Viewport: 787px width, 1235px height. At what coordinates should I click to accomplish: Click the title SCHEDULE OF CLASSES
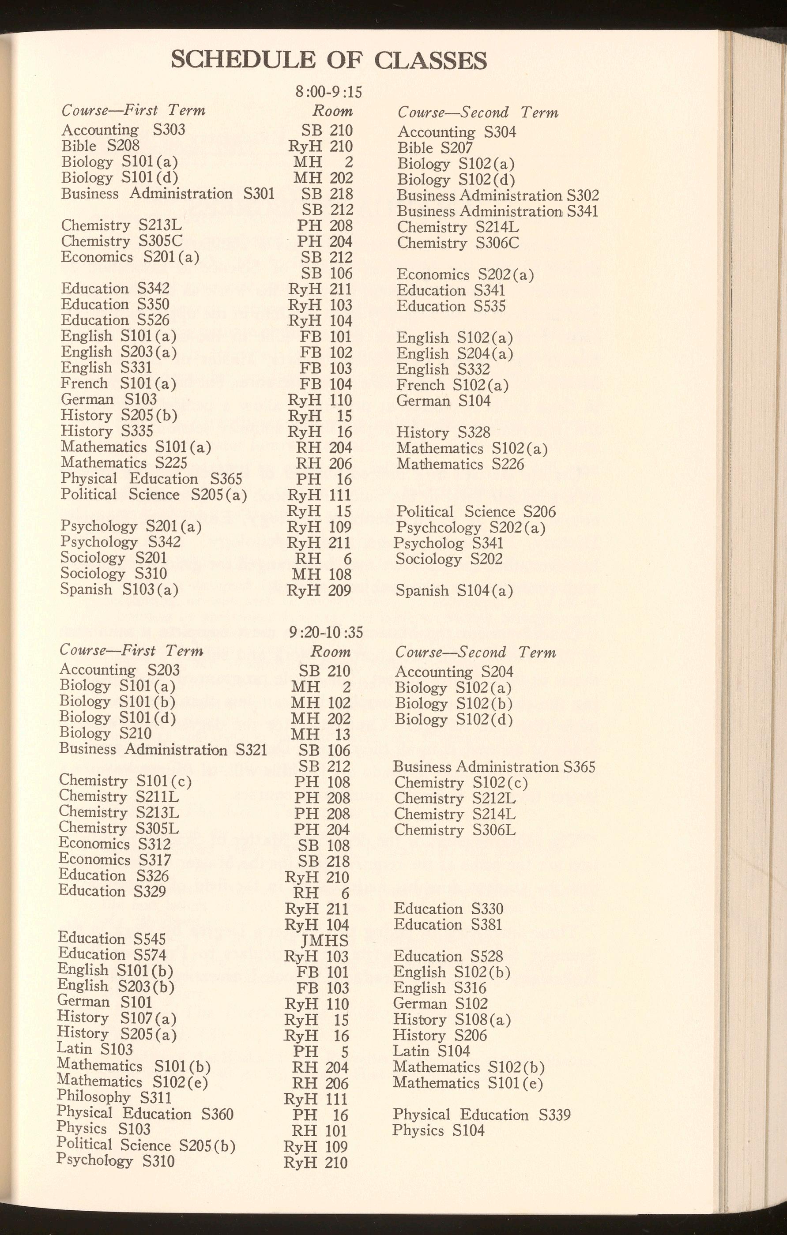point(328,60)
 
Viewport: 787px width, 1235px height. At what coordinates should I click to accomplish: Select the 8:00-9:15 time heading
point(328,92)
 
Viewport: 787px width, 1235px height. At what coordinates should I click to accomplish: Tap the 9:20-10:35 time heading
point(326,632)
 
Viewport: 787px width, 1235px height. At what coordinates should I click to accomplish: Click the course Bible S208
point(100,146)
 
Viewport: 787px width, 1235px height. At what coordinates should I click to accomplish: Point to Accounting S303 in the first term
point(123,130)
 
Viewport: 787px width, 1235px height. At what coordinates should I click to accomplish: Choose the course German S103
point(109,399)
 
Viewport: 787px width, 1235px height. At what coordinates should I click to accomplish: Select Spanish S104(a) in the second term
point(455,591)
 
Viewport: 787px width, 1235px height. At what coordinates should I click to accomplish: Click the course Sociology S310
point(113,574)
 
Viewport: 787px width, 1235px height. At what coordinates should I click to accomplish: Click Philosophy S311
point(114,1097)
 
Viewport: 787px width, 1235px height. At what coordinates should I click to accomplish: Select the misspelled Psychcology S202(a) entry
point(471,527)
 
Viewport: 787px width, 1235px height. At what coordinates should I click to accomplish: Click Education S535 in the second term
point(451,306)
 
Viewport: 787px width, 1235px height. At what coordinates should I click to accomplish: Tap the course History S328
point(443,432)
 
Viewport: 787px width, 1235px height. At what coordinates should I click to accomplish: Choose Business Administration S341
point(497,211)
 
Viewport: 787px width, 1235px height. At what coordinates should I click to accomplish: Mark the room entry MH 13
point(320,735)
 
